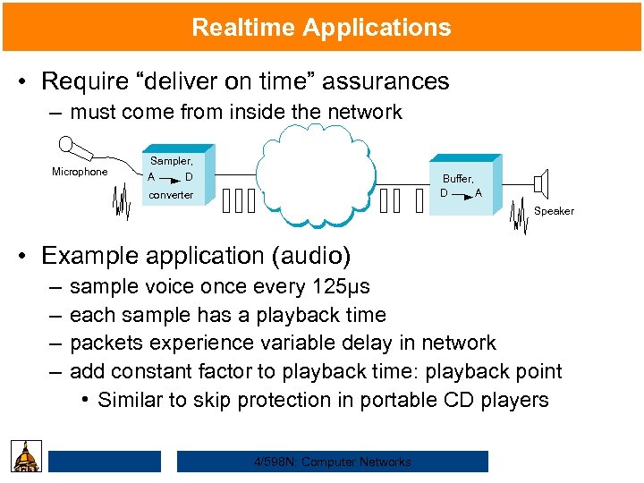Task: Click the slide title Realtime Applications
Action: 321,27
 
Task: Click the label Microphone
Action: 80,172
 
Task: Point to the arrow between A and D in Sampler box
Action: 172,177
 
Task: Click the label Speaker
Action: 554,211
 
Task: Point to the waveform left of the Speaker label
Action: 517,217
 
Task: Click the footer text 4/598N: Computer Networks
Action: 332,462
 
